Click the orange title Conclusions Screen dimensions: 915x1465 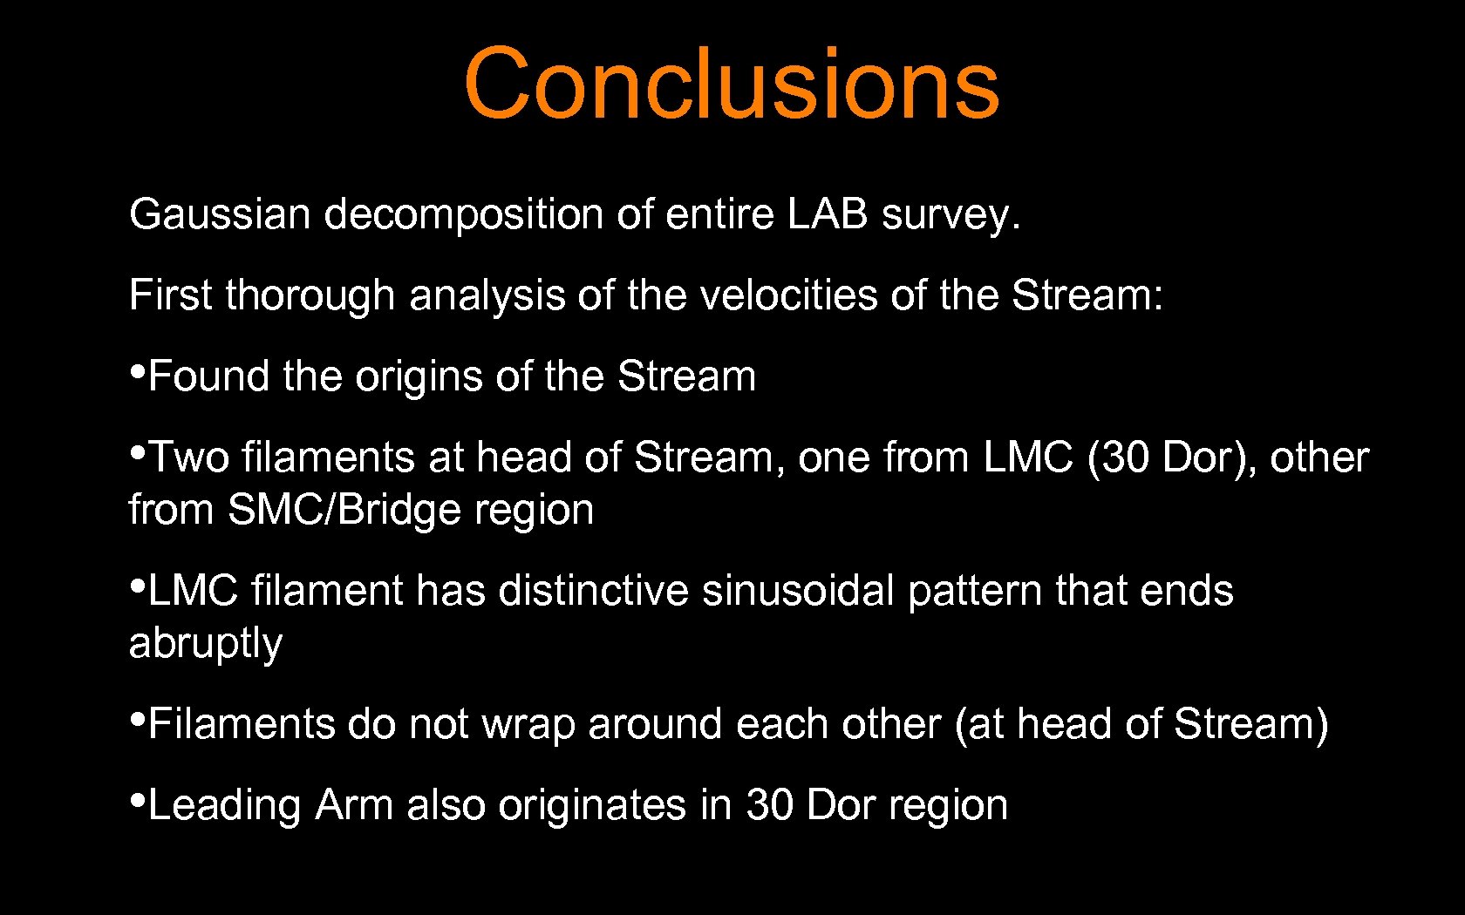731,83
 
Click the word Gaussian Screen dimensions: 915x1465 220,214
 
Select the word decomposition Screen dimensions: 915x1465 463,214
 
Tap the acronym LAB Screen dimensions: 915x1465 828,214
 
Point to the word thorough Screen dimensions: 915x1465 310,295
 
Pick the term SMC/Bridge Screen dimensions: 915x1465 344,510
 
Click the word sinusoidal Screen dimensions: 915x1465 798,591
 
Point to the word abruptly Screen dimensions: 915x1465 206,644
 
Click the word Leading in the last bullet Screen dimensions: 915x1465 224,805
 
